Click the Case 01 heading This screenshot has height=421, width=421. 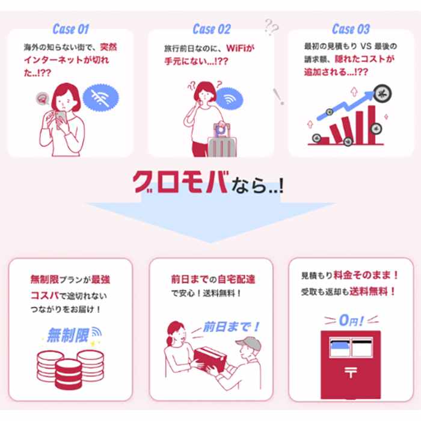[70, 29]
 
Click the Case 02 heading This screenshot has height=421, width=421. [212, 29]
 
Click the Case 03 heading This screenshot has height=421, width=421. [351, 29]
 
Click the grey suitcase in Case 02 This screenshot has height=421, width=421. [223, 146]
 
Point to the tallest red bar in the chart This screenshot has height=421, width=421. [371, 124]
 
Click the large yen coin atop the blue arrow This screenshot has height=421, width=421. [383, 94]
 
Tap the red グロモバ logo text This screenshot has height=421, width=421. [180, 182]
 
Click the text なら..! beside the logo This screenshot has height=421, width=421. [257, 185]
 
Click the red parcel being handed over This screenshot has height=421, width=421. [210, 358]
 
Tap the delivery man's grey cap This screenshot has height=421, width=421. [249, 343]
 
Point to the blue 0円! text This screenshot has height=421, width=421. [351, 321]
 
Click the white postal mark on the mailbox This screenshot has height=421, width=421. [351, 372]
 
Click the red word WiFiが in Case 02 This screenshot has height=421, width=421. [241, 48]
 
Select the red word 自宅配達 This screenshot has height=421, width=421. [236, 280]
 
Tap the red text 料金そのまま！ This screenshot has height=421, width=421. [366, 275]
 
